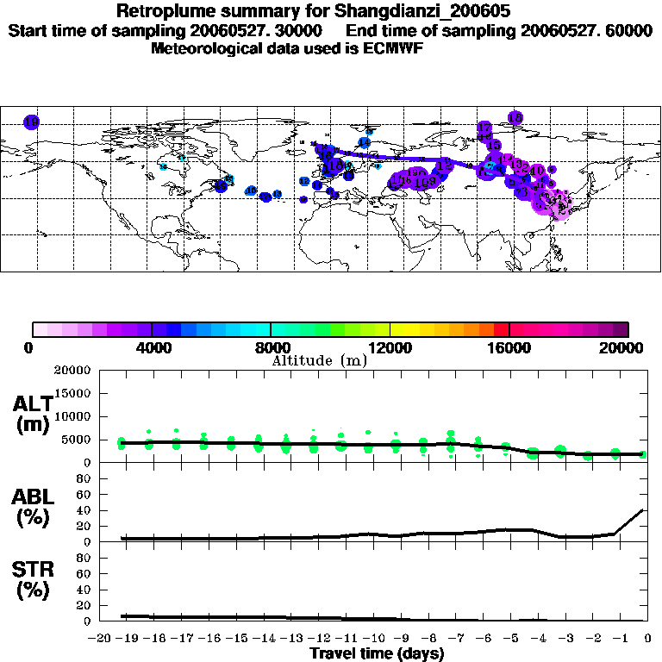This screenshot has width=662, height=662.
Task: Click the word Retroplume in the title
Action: pos(164,12)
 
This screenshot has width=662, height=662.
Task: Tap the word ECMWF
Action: pos(396,48)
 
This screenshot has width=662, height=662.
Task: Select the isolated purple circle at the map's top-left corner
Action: pos(32,122)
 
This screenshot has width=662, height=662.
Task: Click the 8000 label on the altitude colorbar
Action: pos(271,348)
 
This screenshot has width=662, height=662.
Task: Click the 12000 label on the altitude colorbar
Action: pos(390,348)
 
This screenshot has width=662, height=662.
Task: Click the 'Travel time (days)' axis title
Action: pos(377,654)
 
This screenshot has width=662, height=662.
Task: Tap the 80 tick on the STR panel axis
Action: pos(84,557)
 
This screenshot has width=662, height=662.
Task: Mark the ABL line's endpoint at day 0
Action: pos(647,509)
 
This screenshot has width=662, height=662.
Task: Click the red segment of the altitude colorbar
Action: pos(500,329)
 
